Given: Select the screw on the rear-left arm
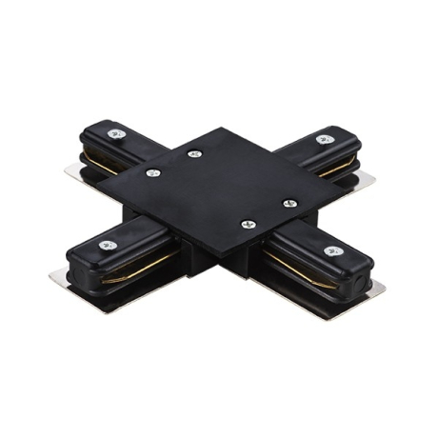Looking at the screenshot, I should pos(116,134).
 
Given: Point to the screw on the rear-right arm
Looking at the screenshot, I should pos(320,139).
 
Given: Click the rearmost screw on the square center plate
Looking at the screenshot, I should pos(194,153).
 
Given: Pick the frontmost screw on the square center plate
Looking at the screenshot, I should pos(249,225).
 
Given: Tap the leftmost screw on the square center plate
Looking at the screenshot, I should pos(152,173).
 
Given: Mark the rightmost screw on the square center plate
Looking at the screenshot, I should pos(290,202).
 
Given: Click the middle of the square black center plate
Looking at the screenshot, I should pos(221,188).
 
